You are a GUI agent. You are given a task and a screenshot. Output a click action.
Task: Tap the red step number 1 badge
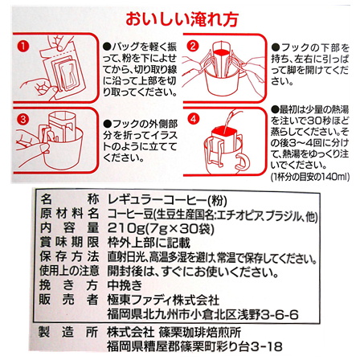23,47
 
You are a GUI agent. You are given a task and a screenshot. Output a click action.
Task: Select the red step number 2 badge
194,46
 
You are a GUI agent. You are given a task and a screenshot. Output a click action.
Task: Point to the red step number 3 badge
23,119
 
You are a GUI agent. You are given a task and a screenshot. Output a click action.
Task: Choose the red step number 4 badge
194,119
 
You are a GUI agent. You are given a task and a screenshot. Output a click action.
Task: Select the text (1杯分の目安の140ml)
309,176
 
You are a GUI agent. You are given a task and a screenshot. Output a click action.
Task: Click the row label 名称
67,198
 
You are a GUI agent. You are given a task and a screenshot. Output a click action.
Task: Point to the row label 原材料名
67,213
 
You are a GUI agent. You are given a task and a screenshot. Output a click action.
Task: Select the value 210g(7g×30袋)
153,228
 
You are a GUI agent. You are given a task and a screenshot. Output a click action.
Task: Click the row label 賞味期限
67,243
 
